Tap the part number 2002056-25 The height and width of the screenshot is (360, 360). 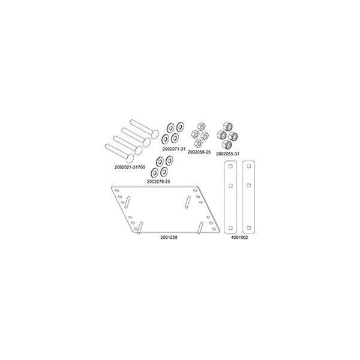coord(199,152)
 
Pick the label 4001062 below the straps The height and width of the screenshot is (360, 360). coord(238,237)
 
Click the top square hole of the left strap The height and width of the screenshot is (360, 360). coord(229,168)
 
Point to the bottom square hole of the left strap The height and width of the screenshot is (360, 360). coord(229,226)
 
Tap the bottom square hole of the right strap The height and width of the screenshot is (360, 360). coord(247,226)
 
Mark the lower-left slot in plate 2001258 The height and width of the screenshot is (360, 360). coord(139,227)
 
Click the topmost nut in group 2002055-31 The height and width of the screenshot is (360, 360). coord(228,127)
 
